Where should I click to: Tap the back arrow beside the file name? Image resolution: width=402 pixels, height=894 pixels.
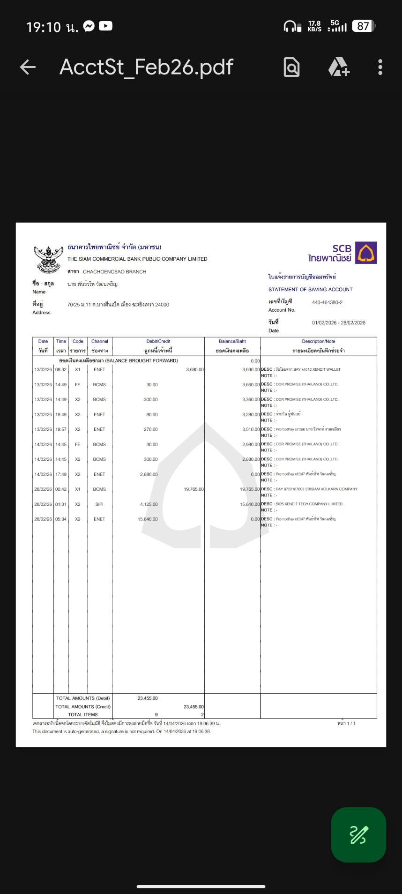pos(28,68)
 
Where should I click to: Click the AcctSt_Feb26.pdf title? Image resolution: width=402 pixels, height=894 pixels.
pos(146,68)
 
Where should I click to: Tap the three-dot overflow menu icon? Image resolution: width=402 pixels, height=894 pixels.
pos(380,68)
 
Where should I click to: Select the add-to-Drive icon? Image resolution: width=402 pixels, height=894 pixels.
pos(339,68)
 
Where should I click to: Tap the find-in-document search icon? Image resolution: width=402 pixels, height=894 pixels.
pos(291,68)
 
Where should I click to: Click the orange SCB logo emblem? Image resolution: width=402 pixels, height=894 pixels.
pos(366,253)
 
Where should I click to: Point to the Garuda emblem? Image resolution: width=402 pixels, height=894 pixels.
pos(48,259)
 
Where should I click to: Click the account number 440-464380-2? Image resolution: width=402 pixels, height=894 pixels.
pos(327,302)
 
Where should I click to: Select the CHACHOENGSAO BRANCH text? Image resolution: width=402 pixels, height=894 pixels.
pos(114,272)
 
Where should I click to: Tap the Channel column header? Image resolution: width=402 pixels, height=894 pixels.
pos(99,341)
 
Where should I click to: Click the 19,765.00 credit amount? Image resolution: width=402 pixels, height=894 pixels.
pos(194,489)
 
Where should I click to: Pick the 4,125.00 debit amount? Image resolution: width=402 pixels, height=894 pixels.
pos(149,504)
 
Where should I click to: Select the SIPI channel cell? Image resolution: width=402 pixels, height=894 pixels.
pos(99,504)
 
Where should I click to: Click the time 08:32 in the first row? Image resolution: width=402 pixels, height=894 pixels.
pos(61,369)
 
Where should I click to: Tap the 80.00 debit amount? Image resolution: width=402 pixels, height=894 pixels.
pos(151,414)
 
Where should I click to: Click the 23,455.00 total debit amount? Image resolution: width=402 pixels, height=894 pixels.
pos(148,698)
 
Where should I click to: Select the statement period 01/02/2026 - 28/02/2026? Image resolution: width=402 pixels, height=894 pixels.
pos(338,323)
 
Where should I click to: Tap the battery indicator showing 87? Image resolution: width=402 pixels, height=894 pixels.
pos(363,26)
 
